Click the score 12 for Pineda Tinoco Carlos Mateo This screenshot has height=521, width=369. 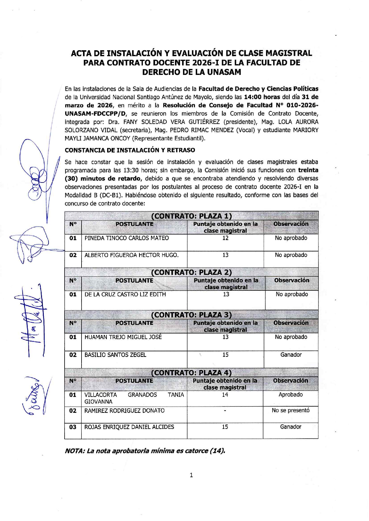(225, 238)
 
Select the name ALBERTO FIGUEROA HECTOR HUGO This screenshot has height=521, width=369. (132, 255)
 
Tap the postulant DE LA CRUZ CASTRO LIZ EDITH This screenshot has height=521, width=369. (125, 294)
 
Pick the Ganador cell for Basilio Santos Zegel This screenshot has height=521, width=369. (291, 355)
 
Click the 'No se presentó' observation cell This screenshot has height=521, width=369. (290, 410)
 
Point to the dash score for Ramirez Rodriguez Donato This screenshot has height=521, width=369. (225, 411)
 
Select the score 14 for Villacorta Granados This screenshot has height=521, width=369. (225, 395)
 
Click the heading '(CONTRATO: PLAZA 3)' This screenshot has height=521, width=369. (191, 315)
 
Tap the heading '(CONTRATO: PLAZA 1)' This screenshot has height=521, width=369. (191, 216)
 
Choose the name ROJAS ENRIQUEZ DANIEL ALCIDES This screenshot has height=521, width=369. (129, 427)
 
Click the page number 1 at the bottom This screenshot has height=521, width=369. (191, 475)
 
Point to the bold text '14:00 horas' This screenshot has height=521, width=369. (262, 97)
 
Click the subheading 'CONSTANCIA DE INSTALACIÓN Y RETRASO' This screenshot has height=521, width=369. (130, 150)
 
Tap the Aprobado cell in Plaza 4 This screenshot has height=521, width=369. (290, 395)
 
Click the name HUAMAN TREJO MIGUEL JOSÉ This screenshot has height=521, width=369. (123, 337)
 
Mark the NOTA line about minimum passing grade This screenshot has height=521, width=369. (145, 451)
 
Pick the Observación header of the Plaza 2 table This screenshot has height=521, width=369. (292, 280)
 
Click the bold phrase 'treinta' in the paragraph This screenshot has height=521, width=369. (308, 170)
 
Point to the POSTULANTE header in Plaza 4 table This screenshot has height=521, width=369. (134, 381)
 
